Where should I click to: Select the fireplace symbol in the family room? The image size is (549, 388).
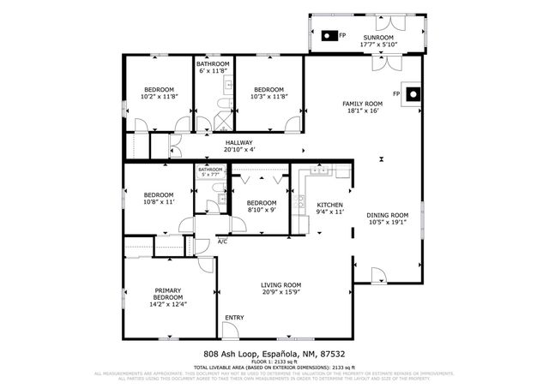point(413,93)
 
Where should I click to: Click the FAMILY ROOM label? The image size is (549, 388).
point(365,104)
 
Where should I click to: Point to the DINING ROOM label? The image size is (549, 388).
point(388,215)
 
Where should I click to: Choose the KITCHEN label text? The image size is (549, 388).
point(330,206)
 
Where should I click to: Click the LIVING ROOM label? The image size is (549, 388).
point(281,285)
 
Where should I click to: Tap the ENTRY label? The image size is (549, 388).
point(234,318)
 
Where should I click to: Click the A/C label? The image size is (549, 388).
point(222,242)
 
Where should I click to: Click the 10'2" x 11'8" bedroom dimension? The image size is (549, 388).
point(159,97)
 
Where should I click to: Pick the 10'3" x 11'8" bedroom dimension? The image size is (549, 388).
point(268,97)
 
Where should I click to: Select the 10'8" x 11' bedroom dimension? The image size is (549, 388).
point(159,202)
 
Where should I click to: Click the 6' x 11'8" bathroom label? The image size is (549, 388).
point(213,71)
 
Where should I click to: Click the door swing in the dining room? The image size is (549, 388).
point(377,276)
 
